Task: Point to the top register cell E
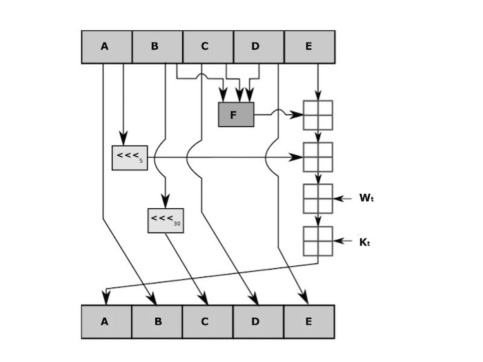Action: pyautogui.click(x=309, y=47)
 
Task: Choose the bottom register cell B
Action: pyautogui.click(x=157, y=322)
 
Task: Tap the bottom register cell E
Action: pyautogui.click(x=309, y=322)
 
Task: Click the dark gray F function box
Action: pyautogui.click(x=236, y=114)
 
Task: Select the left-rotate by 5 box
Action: pyautogui.click(x=130, y=158)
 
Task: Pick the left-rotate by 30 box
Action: pyautogui.click(x=166, y=221)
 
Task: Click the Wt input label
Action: pyautogui.click(x=366, y=199)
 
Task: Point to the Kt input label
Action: pyautogui.click(x=365, y=243)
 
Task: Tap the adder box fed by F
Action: pyautogui.click(x=317, y=115)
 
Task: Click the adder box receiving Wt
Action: pyautogui.click(x=317, y=199)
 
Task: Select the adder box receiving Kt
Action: pyautogui.click(x=317, y=241)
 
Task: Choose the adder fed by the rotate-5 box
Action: pyautogui.click(x=317, y=157)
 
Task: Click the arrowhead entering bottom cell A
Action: pyautogui.click(x=106, y=297)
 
